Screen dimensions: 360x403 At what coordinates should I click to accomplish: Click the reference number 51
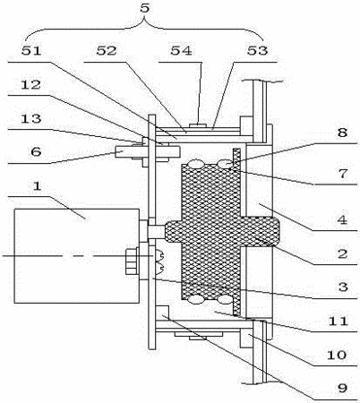click(31, 50)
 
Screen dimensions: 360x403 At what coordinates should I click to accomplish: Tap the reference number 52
click(107, 50)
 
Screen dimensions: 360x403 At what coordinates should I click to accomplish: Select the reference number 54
click(181, 50)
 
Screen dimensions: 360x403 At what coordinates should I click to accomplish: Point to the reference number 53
click(257, 50)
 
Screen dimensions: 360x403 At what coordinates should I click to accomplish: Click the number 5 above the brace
click(145, 8)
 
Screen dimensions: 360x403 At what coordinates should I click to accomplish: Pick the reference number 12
click(30, 85)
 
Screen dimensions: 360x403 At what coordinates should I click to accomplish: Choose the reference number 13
click(30, 118)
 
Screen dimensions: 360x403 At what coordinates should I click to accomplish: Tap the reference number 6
click(36, 152)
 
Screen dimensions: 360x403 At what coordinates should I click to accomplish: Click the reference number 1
click(37, 186)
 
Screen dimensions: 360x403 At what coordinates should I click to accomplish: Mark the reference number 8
click(342, 132)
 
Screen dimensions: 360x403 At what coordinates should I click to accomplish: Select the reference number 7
click(343, 174)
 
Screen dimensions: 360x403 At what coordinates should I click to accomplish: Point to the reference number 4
click(342, 219)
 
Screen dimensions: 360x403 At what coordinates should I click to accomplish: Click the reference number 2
click(343, 253)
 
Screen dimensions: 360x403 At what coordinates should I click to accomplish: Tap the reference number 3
click(343, 287)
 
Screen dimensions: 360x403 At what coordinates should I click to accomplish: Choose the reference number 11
click(339, 322)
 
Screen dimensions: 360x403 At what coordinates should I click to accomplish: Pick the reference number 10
click(337, 355)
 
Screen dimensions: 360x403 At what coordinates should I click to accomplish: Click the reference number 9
click(342, 388)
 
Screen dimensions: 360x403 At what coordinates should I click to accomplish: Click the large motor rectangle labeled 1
click(77, 256)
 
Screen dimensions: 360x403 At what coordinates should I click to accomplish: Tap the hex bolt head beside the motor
click(131, 262)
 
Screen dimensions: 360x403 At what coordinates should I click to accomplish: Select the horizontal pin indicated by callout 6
click(148, 151)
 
